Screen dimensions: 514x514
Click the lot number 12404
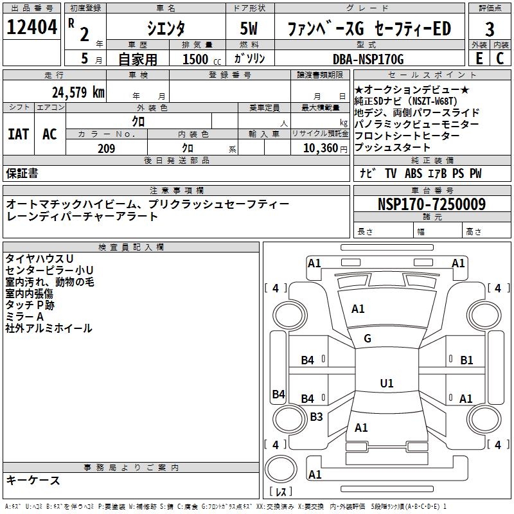[32, 28]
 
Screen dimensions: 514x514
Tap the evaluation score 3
[490, 30]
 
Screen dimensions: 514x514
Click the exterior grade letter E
[479, 58]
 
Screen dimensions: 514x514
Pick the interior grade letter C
[501, 58]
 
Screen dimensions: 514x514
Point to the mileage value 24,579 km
[78, 92]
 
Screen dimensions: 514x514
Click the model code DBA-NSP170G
[368, 59]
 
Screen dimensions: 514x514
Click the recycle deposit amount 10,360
[318, 148]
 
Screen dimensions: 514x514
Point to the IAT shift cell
[18, 134]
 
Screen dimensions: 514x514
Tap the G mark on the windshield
[368, 339]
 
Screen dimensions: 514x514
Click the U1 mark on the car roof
[387, 384]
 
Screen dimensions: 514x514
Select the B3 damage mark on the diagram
[316, 417]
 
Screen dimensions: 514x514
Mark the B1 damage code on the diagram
[466, 360]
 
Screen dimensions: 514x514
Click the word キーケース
[33, 480]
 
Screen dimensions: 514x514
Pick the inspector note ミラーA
[24, 317]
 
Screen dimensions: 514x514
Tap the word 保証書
[22, 173]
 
